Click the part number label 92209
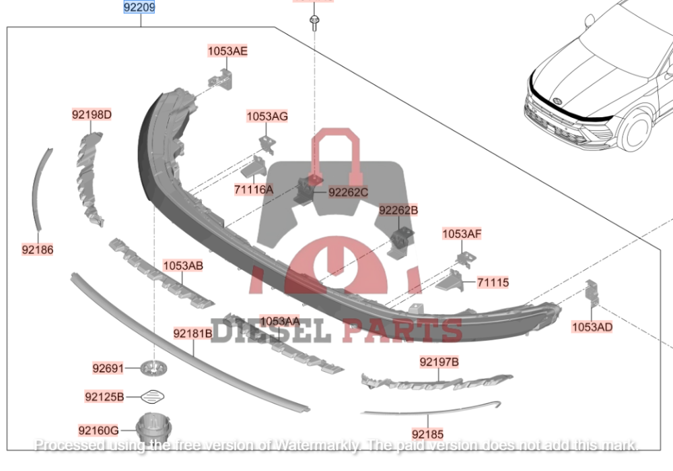[139, 8]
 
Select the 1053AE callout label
[227, 51]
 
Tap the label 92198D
[92, 115]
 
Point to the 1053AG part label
[267, 117]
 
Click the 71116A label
[254, 190]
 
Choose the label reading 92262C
[349, 193]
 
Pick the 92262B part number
[398, 211]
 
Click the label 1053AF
[462, 234]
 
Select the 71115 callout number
[493, 282]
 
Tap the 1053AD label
[592, 327]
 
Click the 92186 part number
[38, 249]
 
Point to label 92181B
[193, 333]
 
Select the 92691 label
[108, 368]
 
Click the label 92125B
[104, 396]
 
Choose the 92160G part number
[98, 430]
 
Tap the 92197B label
[439, 363]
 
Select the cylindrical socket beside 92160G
[151, 427]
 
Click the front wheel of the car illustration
[636, 129]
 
